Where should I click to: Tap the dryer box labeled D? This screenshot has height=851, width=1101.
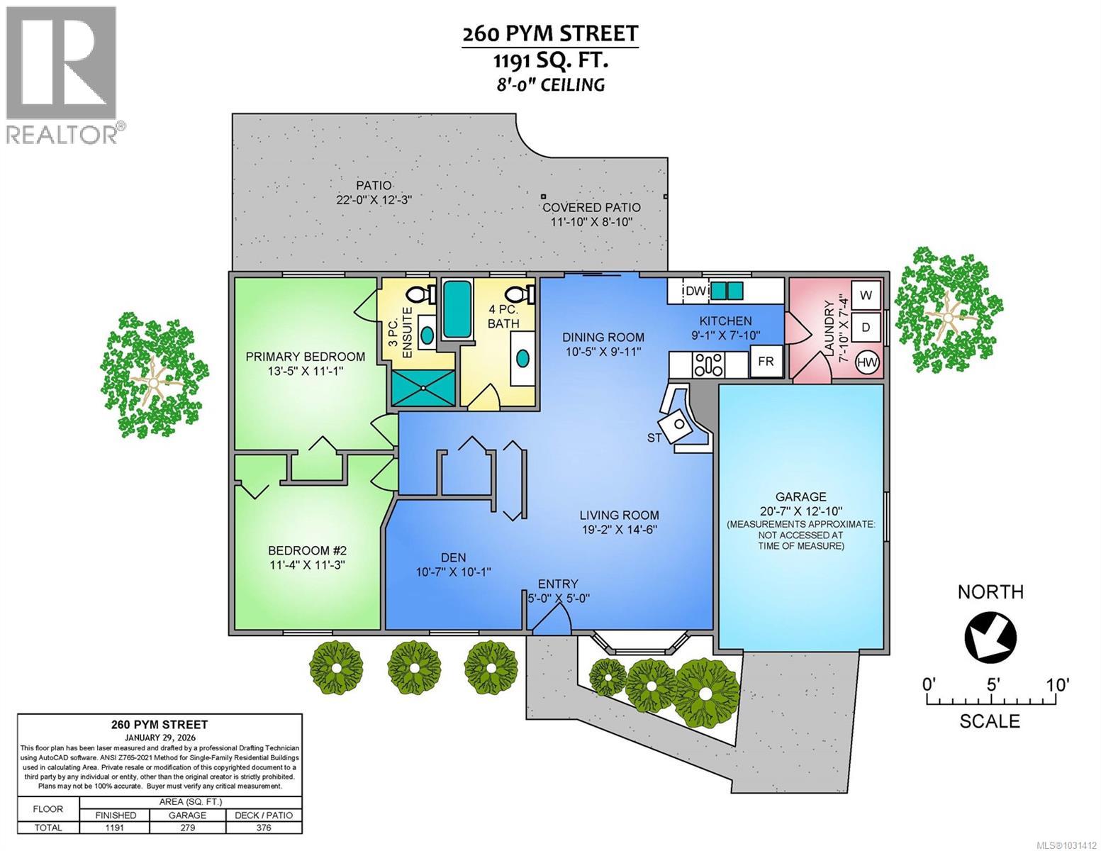point(866,328)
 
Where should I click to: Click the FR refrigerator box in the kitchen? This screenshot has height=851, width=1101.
point(766,361)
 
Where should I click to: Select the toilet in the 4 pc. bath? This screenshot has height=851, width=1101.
point(522,292)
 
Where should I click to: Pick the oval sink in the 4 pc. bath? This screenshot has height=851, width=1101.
point(522,358)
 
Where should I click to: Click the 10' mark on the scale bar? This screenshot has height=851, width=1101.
point(1056,685)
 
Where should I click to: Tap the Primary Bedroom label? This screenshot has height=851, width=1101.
point(305,357)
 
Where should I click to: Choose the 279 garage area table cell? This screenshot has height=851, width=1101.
point(188,828)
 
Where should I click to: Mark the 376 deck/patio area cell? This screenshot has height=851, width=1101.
point(264,828)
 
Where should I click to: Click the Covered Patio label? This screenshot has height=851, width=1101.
point(591,207)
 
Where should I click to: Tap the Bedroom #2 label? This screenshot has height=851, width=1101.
point(306,550)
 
